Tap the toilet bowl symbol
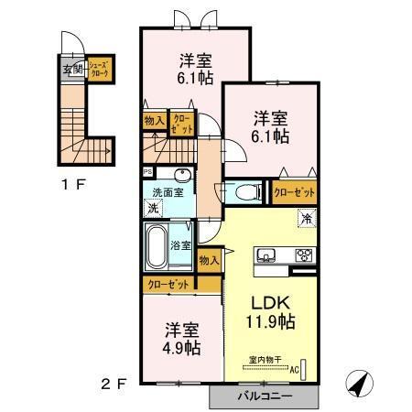tap(243, 193)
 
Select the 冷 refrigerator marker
tap(307, 220)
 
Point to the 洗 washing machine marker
tap(152, 208)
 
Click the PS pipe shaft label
tap(147, 171)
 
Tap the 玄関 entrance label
tap(71, 69)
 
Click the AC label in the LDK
tap(295, 370)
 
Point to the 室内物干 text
tap(264, 360)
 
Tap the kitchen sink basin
tap(267, 254)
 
